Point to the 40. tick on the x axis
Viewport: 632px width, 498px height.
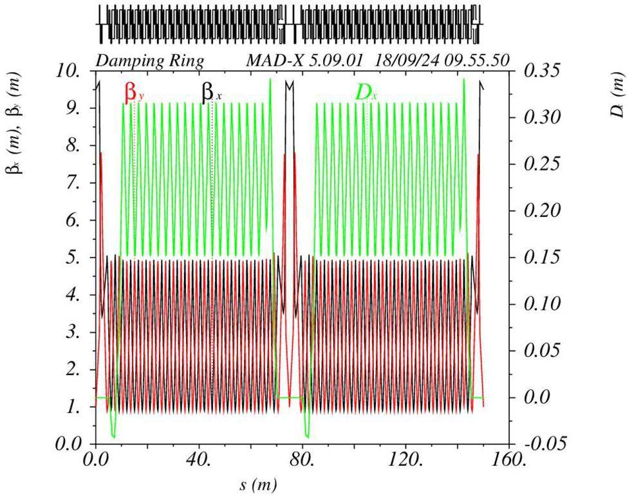point(200,459)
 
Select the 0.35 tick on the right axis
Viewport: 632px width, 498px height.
point(544,71)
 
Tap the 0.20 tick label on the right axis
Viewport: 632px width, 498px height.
point(544,210)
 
